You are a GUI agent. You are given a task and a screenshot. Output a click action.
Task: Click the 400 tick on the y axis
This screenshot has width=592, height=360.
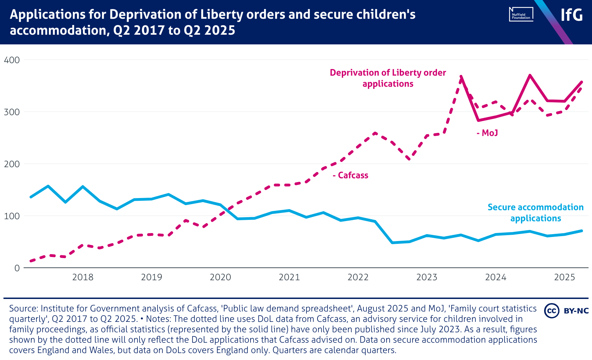[x=12, y=60]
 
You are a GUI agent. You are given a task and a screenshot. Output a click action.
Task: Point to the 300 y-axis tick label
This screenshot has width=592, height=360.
[x=12, y=112]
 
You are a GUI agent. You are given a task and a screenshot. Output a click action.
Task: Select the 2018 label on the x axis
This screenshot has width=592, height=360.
[x=83, y=277]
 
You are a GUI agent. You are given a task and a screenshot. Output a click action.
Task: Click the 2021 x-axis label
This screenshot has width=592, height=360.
[x=289, y=277]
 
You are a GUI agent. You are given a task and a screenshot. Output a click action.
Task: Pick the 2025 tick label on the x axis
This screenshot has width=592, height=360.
[x=565, y=277]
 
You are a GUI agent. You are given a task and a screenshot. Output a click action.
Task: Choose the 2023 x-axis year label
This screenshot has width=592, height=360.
[x=427, y=277]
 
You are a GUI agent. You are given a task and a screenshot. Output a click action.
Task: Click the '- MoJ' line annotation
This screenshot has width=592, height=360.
[x=487, y=133]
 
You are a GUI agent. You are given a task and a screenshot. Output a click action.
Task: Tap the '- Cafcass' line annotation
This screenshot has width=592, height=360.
[x=350, y=175]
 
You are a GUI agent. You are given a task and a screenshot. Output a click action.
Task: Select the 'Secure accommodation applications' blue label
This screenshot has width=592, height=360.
[x=535, y=213]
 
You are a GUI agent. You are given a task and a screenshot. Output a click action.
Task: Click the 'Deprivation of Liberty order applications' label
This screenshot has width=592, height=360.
[x=388, y=78]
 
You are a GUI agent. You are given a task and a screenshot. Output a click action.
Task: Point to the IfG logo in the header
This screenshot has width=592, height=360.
[x=572, y=15]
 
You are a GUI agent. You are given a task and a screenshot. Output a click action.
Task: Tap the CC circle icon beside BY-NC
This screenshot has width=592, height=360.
[x=551, y=310]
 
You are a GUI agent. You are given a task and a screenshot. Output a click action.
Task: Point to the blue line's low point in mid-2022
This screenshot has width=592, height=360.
[x=392, y=242]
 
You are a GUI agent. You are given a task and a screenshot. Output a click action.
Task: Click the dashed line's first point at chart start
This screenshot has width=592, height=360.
[x=31, y=261]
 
